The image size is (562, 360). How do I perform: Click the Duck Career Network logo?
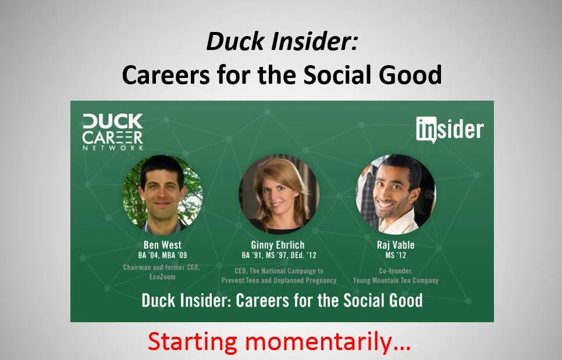click(113, 132)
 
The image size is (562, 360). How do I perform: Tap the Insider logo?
click(450, 129)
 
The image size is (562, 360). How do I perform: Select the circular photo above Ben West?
click(162, 194)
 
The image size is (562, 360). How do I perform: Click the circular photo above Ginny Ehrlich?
click(279, 194)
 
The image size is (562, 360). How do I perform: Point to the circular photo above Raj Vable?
click(396, 194)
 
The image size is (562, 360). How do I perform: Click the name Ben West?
click(162, 245)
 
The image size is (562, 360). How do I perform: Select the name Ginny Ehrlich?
click(278, 245)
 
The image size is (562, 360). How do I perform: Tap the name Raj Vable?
click(396, 245)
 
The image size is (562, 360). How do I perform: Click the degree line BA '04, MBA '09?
click(162, 255)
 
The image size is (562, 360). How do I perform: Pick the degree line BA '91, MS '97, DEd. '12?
click(279, 255)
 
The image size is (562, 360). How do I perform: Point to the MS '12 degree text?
click(396, 255)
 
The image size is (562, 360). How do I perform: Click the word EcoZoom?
click(162, 277)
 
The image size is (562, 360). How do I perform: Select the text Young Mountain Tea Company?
click(396, 280)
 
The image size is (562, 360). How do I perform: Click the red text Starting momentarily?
click(279, 341)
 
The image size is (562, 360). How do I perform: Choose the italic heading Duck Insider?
click(282, 41)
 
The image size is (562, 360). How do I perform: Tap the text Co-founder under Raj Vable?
click(396, 271)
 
